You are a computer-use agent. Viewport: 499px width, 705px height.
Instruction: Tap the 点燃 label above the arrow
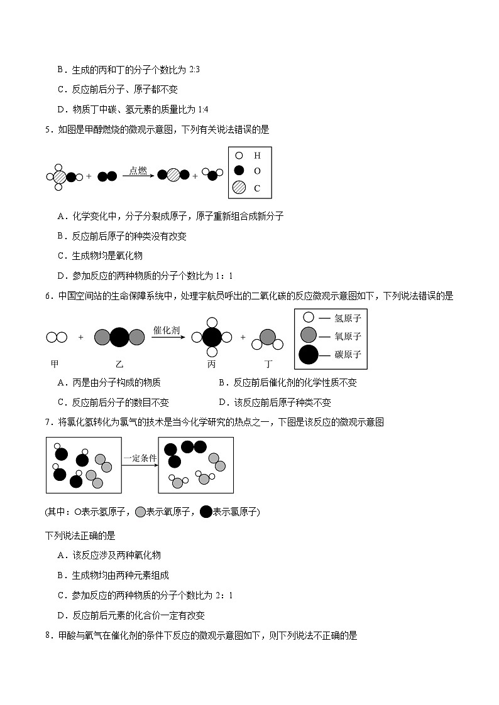138,170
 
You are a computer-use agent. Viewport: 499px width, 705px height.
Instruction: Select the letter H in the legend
257,155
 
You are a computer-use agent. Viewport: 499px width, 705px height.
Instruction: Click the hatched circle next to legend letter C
239,188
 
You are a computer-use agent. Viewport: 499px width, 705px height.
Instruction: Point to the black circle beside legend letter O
239,171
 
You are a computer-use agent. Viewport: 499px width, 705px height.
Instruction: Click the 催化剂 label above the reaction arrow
167,328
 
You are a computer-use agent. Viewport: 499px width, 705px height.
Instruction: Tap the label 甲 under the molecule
55,363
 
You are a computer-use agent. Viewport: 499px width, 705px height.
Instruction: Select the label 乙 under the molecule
119,363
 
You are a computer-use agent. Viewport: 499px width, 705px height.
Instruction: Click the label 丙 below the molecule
211,363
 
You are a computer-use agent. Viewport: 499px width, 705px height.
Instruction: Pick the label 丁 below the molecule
268,363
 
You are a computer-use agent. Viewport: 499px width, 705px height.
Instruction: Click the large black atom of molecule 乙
119,338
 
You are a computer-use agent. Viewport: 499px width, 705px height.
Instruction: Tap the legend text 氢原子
348,318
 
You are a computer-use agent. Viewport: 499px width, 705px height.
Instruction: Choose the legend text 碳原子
348,355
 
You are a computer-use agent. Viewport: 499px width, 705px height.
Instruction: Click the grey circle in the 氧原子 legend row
308,336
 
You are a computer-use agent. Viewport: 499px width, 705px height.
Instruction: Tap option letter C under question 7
62,595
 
